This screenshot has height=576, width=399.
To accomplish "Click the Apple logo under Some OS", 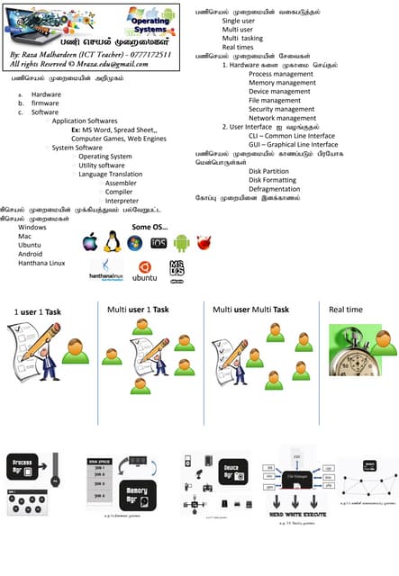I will pos(89,241).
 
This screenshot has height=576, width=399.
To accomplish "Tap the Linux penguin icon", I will pos(113,240).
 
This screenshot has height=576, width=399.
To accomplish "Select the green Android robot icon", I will pos(181,242).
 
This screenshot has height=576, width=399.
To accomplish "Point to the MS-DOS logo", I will pos(176,267).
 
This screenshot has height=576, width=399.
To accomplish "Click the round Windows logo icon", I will pos(135,242).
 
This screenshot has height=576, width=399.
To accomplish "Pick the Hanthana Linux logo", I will pos(105,269).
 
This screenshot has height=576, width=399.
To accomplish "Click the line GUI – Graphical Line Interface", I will pos(293,144).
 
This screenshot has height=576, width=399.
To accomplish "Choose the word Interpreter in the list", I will pos(134,201).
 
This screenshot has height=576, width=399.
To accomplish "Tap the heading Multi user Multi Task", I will pos(250,310).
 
